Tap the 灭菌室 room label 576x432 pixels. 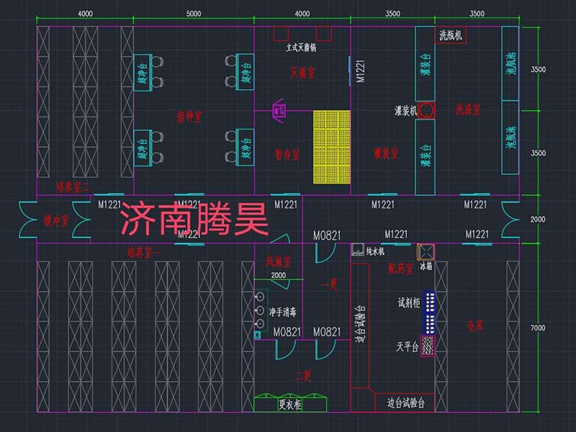coord(302,72)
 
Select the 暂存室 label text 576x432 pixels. coord(287,154)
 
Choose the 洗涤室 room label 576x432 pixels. coord(468,109)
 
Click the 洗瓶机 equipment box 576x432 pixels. coord(451,35)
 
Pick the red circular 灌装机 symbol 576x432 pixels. coord(426,110)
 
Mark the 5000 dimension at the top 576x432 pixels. coord(193,14)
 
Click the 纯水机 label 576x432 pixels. coord(376,251)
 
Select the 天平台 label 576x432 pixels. coord(408,346)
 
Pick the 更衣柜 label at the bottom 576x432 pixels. coord(289,405)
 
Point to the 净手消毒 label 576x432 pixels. coord(283,312)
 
